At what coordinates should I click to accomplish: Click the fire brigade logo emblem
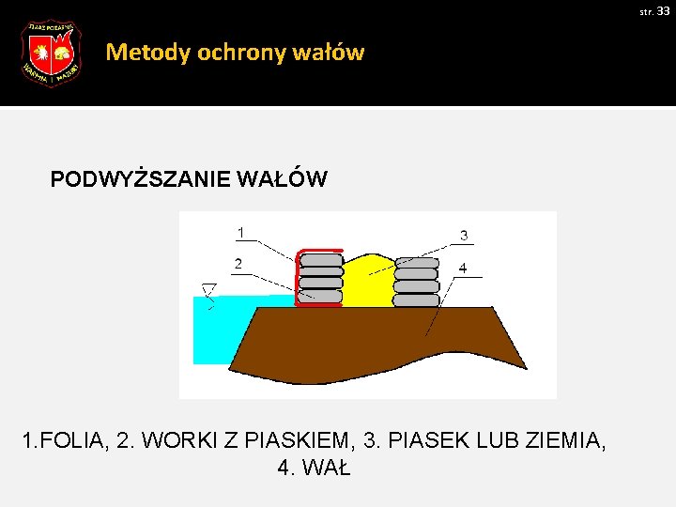click(51, 54)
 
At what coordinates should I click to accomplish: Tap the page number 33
click(663, 10)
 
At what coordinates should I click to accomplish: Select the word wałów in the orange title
click(333, 53)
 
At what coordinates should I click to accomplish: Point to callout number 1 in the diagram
click(241, 232)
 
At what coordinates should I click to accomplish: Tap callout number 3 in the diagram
click(464, 235)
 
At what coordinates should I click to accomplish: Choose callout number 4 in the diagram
click(462, 268)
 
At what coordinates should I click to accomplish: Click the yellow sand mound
click(367, 282)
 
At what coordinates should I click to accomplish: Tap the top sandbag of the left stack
click(320, 261)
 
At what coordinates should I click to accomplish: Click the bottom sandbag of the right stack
click(416, 300)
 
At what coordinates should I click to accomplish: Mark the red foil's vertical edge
click(298, 277)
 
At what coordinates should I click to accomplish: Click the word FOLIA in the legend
click(74, 438)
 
